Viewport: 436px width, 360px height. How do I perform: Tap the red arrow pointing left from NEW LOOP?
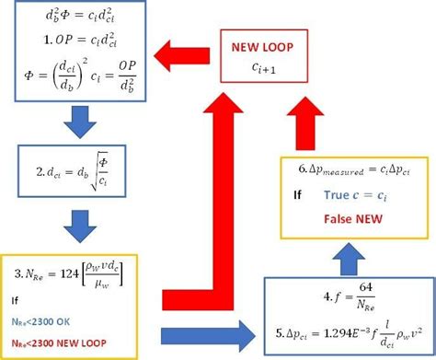(184, 56)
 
